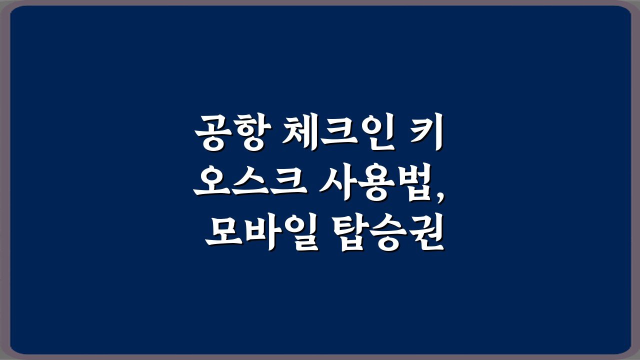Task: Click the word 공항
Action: tap(232, 132)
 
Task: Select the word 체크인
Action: tap(338, 132)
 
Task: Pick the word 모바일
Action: tap(261, 231)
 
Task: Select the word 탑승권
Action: tap(388, 231)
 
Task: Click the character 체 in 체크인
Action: tap(300, 132)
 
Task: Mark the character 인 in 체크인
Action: tap(377, 132)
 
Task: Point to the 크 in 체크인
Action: tap(339, 132)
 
